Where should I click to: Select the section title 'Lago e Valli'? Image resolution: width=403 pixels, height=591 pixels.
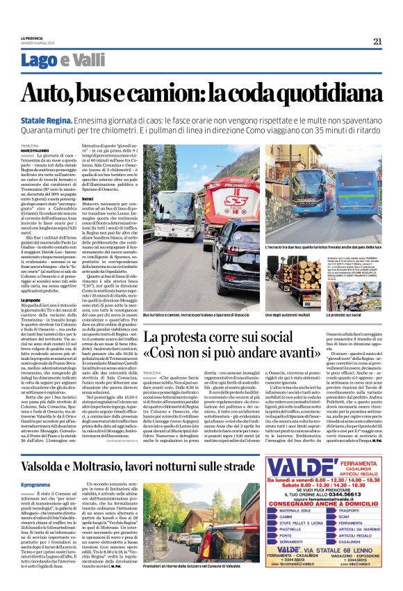52,63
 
